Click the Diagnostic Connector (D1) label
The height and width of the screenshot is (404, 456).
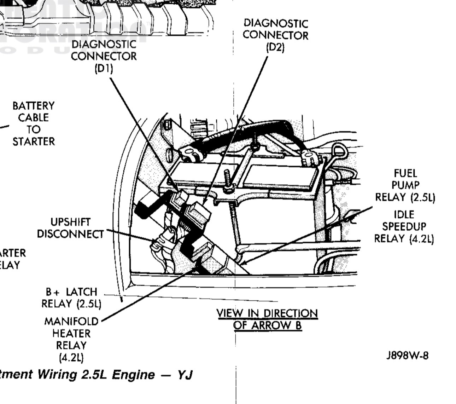[x=104, y=56]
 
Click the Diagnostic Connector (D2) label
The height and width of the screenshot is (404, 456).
[x=275, y=35]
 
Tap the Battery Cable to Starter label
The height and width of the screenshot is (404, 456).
[x=34, y=123]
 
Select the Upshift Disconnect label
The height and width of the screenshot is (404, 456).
[x=71, y=228]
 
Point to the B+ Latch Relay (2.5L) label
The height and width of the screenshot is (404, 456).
[x=71, y=298]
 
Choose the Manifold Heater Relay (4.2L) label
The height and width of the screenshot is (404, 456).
[x=71, y=339]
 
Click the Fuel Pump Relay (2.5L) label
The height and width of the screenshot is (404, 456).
[x=405, y=185]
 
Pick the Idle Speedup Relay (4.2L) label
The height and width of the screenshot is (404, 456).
[x=404, y=226]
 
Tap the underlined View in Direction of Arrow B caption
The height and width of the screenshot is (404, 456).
[x=267, y=319]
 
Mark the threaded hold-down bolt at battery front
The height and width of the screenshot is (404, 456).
[x=228, y=180]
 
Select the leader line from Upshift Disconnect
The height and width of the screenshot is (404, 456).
[x=131, y=235]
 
